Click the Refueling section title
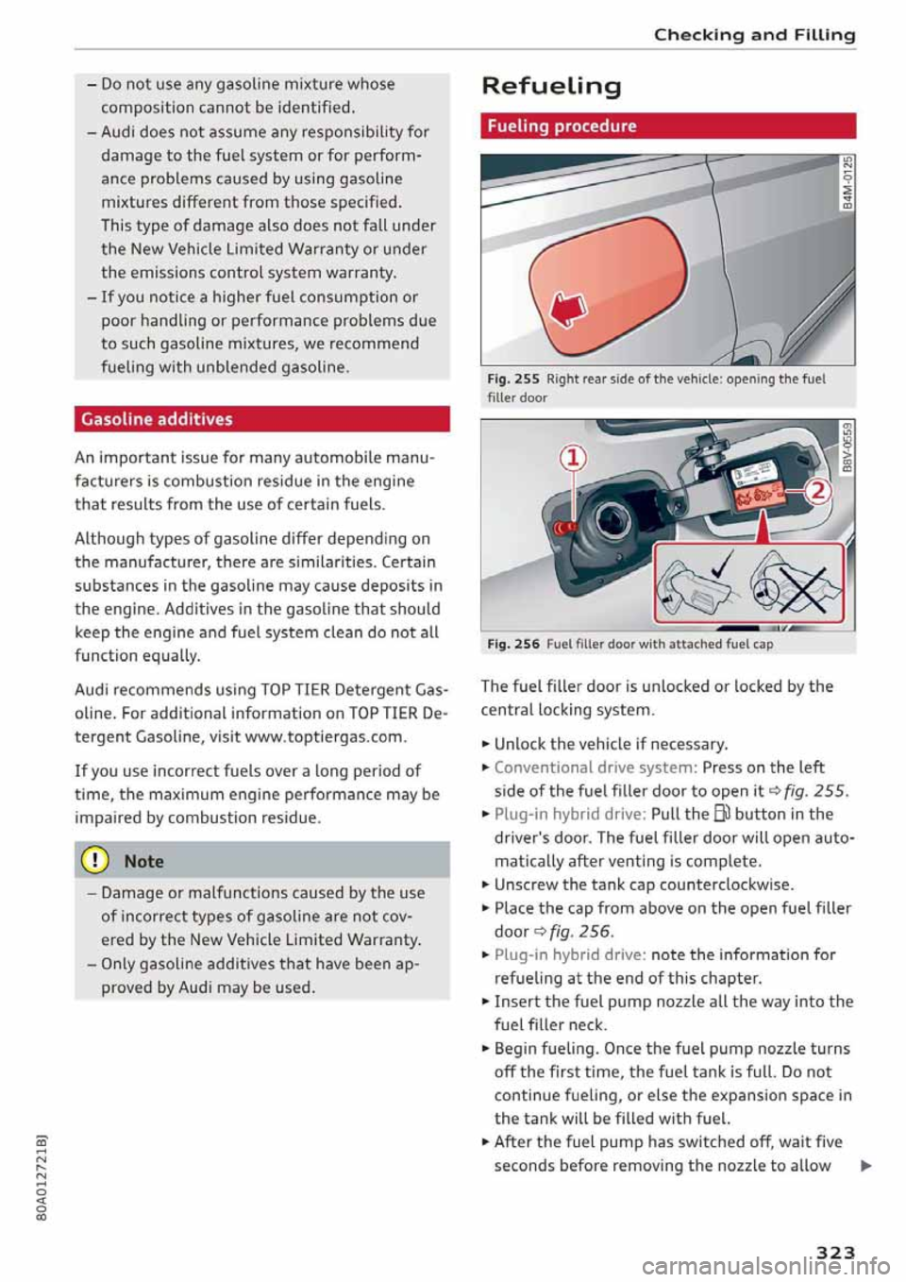pos(551,86)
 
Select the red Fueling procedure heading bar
pos(667,126)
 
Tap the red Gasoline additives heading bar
pos(261,419)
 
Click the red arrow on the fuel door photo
pos(568,308)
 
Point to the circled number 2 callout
pos(818,491)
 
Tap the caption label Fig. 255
pos(513,379)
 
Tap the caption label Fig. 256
pos(513,644)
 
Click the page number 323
pos(835,1252)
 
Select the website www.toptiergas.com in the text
pos(325,736)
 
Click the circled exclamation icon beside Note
pos(97,861)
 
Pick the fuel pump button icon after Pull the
pos(721,814)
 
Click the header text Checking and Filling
pos(754,35)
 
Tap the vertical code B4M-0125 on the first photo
pos(847,181)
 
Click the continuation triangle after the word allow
pos(865,1166)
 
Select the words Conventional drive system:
pos(596,768)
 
